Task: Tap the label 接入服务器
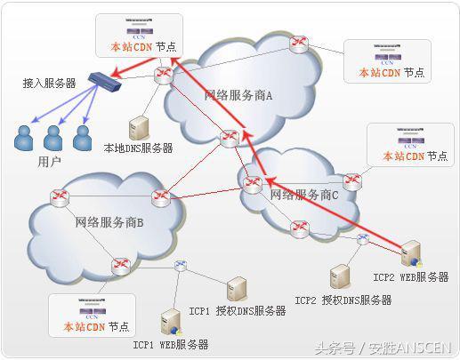point(50,83)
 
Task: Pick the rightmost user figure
point(83,136)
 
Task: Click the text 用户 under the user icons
point(50,162)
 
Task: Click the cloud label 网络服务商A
point(238,94)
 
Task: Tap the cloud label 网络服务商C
point(304,193)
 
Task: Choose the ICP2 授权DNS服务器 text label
point(343,300)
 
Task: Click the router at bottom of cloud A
point(230,138)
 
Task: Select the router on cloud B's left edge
point(59,195)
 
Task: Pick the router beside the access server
point(163,76)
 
